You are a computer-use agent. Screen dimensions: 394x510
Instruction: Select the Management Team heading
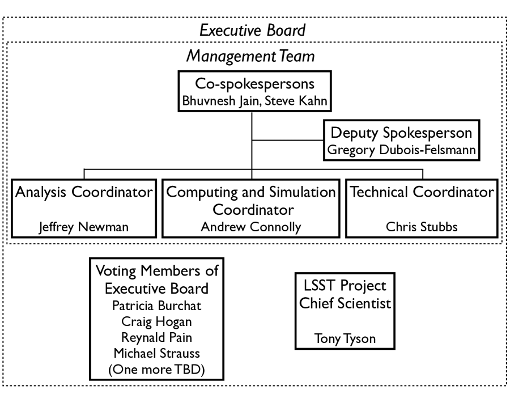(250, 57)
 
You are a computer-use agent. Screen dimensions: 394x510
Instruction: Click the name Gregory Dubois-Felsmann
(402, 151)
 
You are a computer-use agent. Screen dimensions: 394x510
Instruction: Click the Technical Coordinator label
(422, 192)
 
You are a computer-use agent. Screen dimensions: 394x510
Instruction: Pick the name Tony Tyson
(344, 340)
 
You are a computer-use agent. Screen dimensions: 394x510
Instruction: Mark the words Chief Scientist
(344, 303)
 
